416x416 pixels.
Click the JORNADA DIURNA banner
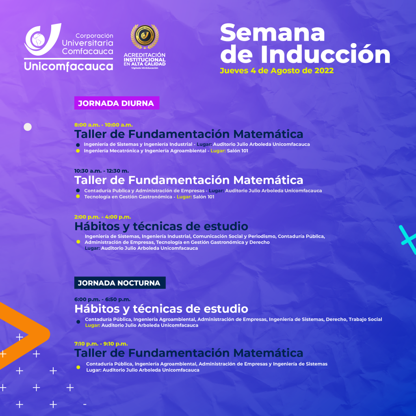(x=117, y=103)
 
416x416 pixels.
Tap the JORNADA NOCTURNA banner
(x=120, y=283)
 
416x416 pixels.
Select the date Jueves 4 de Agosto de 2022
(x=277, y=71)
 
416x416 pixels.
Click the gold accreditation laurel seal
(x=145, y=36)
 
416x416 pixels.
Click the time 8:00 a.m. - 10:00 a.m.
(x=104, y=125)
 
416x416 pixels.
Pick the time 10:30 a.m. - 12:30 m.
(x=102, y=171)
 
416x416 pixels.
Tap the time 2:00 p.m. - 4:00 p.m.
(x=103, y=217)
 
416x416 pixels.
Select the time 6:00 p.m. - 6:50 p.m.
(x=102, y=299)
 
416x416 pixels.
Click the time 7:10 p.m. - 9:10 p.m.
(x=101, y=344)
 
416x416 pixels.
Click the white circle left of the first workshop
(x=28, y=127)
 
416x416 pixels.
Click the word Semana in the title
(x=273, y=33)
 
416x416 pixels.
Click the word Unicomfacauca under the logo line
(x=68, y=66)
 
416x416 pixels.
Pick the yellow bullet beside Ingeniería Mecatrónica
(x=78, y=151)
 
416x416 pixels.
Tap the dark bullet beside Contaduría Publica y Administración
(x=78, y=191)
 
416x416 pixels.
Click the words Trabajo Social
(x=365, y=319)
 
